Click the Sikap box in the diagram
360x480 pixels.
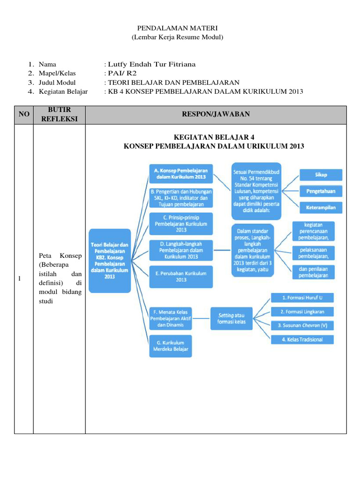[x=321, y=175]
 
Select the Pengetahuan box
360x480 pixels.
[x=321, y=191]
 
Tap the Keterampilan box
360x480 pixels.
[x=321, y=207]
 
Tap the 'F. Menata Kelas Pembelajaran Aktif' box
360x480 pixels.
[x=171, y=317]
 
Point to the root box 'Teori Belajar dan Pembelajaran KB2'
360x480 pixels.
[x=110, y=261]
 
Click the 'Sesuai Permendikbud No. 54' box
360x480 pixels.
[x=255, y=190]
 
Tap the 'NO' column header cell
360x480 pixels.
[x=23, y=114]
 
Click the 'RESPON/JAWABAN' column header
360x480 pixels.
[x=216, y=114]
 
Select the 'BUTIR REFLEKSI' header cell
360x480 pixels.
[x=59, y=114]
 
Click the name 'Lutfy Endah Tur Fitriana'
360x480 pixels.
[x=151, y=64]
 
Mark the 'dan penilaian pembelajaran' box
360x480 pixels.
[x=314, y=272]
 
